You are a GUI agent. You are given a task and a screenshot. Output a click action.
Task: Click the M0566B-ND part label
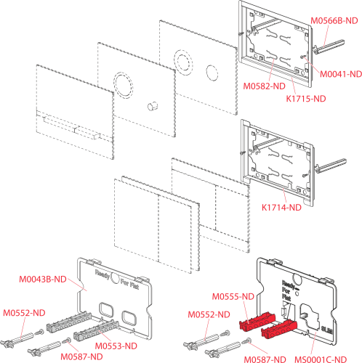[334, 21]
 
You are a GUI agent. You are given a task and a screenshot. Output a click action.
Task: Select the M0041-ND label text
[341, 74]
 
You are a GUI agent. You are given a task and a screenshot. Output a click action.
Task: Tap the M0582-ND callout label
[265, 86]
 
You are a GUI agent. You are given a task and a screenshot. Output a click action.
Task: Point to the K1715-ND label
[306, 99]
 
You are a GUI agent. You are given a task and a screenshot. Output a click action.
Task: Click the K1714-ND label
[281, 208]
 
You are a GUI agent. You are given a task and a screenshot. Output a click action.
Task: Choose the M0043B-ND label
[43, 280]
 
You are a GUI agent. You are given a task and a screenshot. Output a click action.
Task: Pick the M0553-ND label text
[116, 346]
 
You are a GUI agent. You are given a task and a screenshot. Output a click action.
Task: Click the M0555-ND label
[233, 296]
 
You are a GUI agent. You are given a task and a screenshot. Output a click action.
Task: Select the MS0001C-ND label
[321, 359]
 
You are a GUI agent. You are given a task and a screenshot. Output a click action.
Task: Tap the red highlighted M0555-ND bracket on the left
[257, 321]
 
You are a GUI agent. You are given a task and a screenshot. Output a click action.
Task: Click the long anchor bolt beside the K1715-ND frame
[329, 46]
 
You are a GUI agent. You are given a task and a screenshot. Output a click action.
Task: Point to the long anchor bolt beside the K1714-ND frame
[331, 166]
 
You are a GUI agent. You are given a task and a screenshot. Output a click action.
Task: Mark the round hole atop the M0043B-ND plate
[115, 277]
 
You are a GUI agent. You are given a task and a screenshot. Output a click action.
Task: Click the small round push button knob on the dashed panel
[153, 106]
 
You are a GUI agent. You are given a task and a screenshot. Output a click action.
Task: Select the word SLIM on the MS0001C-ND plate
[326, 330]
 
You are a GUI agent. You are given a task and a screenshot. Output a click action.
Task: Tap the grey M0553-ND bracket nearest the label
[97, 330]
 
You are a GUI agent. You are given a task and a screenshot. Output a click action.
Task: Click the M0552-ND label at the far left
[24, 313]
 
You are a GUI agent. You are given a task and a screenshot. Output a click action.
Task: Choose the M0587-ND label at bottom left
[81, 356]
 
